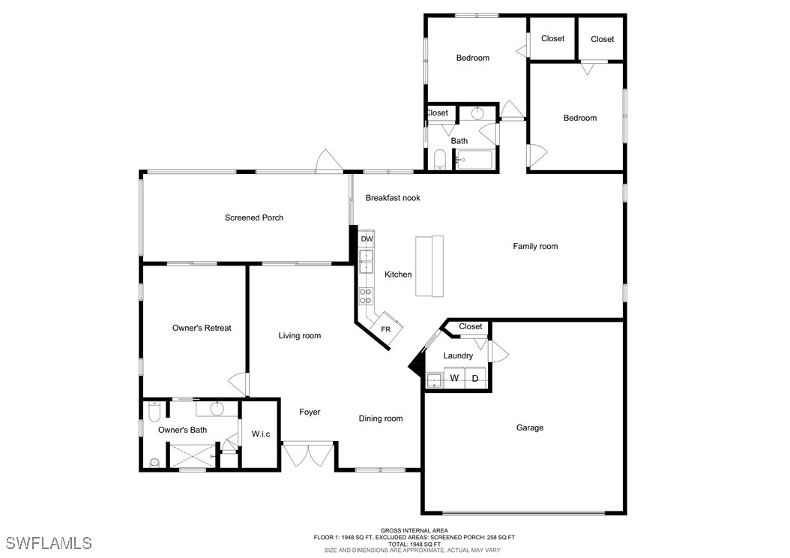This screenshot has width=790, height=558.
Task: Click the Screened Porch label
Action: point(254,217)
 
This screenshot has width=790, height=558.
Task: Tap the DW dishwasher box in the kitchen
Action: point(367,238)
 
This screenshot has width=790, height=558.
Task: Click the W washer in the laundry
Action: point(454,377)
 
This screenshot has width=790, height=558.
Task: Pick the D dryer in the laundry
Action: point(475,378)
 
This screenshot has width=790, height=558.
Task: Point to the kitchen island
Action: point(429,265)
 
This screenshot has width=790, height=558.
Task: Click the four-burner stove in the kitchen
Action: point(366,296)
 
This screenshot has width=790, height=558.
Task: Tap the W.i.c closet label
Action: point(261,434)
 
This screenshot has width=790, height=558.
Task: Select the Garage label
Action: point(530,427)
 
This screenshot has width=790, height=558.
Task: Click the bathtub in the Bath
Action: point(474,160)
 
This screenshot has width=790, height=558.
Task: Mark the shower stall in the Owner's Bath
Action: point(191,455)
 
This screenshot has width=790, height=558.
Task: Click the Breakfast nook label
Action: point(393,198)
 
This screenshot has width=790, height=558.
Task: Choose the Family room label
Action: point(536,247)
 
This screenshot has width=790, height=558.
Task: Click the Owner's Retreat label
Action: point(202,328)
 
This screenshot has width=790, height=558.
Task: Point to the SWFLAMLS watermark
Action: point(49,543)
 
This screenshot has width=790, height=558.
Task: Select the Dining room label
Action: point(381,418)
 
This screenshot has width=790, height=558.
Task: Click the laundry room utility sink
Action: point(434,380)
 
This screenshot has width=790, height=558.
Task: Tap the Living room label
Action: point(300,336)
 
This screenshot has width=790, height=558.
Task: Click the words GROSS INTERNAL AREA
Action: point(414,530)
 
